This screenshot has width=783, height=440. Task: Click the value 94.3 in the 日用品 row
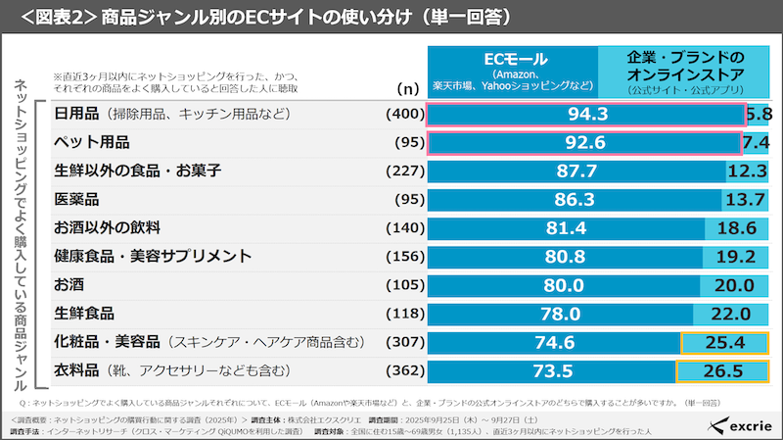587,114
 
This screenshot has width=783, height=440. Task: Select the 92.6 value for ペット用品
585,142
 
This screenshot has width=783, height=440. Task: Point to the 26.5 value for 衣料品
722,371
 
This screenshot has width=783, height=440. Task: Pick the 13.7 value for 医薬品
746,200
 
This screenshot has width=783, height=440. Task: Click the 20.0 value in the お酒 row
733,286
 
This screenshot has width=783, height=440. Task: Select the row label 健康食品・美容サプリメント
154,257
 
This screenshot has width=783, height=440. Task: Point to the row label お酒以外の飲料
110,228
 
